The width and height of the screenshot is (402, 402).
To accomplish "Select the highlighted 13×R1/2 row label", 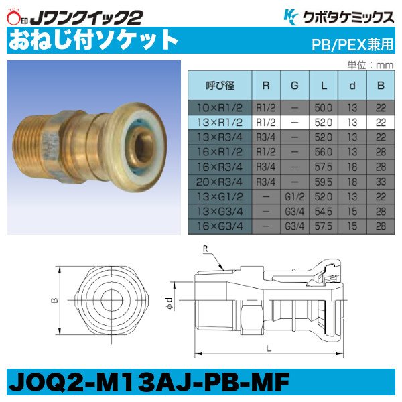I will click(x=219, y=121).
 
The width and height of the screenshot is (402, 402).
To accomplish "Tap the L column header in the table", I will click(x=324, y=86).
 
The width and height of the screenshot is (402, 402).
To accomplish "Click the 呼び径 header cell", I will click(x=219, y=86).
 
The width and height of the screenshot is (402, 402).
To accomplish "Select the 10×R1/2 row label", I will click(x=219, y=107).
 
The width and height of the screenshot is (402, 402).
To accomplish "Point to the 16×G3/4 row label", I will click(x=219, y=226).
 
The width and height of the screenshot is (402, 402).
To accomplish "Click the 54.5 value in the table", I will click(x=324, y=212).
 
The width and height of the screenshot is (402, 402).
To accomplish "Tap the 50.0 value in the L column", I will click(x=324, y=107).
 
